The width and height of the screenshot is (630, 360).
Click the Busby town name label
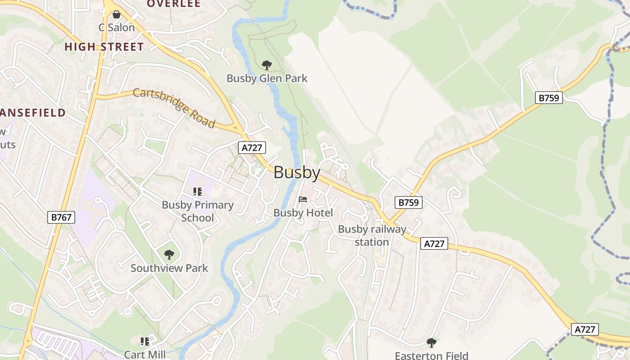pos(297,173)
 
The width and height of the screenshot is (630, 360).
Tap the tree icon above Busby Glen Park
pos(267,65)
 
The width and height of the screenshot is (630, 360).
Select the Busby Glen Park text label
pos(267,78)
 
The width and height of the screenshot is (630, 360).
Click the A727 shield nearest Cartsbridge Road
pos(252,148)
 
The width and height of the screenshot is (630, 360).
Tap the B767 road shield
pos(61,217)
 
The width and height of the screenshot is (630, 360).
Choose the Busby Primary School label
pos(198,211)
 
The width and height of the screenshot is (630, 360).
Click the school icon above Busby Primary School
pos(197,192)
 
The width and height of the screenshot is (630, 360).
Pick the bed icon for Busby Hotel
pos(303,199)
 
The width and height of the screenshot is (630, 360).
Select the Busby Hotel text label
pos(303,213)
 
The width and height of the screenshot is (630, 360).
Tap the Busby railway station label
pos(372,235)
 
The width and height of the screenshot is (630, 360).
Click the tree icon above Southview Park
pos(169,255)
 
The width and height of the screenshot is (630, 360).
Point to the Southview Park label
pos(169,268)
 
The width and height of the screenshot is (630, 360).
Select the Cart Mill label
pos(145,355)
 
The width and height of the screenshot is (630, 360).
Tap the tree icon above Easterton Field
pos(431,343)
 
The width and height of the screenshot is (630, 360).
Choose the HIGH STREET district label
pos(104,47)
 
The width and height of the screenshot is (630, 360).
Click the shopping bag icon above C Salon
pos(117,15)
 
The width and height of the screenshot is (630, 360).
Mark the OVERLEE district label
pos(174,4)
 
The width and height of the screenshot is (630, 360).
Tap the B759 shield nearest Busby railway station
pos(409,202)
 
